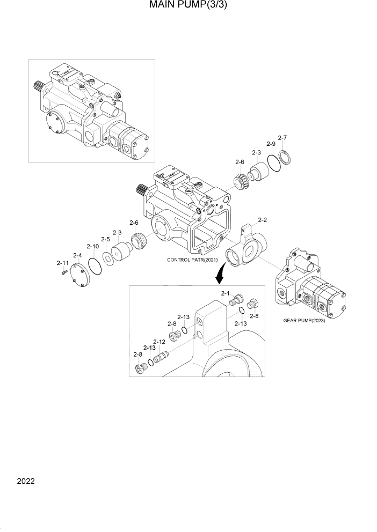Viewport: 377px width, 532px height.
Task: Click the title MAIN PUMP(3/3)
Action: [189, 7]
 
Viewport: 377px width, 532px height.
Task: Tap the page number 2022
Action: [25, 481]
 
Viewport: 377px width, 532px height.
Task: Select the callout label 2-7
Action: [282, 137]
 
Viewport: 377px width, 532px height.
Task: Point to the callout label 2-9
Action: [271, 145]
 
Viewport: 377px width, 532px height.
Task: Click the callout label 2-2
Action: [263, 219]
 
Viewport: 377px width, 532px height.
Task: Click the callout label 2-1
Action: [226, 293]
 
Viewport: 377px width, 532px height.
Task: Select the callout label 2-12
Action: [159, 342]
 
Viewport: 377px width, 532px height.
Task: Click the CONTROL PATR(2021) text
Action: [192, 260]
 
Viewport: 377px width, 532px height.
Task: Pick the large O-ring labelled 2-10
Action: [95, 265]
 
